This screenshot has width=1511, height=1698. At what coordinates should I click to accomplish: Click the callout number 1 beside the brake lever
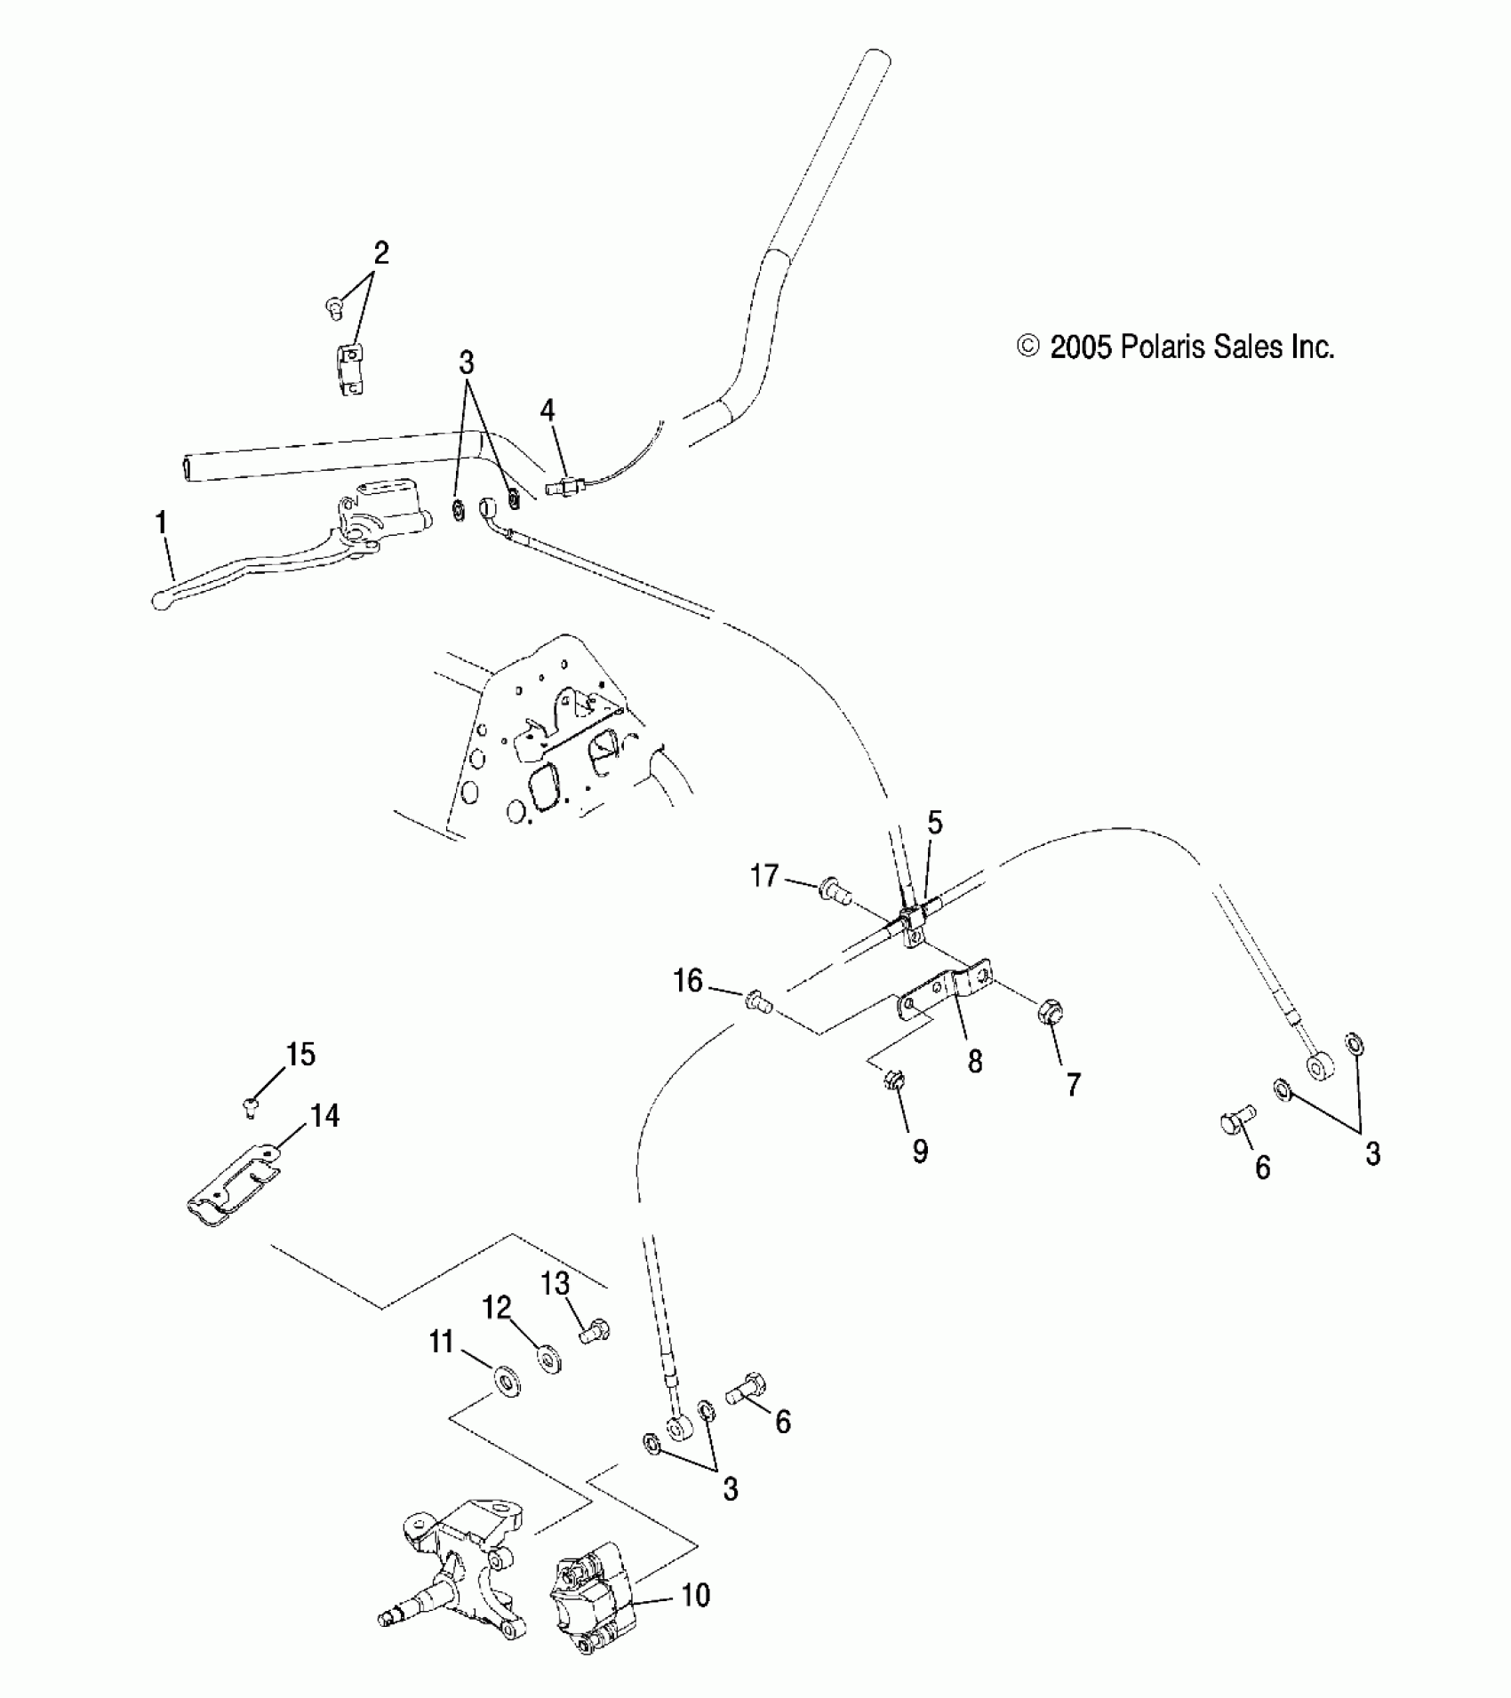point(161,523)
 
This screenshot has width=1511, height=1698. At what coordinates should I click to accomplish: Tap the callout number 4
point(548,411)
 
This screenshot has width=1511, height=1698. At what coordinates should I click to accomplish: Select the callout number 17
point(764,876)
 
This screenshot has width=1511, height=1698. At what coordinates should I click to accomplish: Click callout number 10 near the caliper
point(696,1595)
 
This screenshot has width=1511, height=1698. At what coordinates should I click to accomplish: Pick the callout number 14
point(325,1115)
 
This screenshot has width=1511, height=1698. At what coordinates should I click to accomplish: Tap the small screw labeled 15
point(252,1105)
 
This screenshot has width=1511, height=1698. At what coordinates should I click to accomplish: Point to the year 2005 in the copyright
point(1081,347)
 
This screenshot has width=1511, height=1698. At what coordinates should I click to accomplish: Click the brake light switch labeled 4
point(566,486)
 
